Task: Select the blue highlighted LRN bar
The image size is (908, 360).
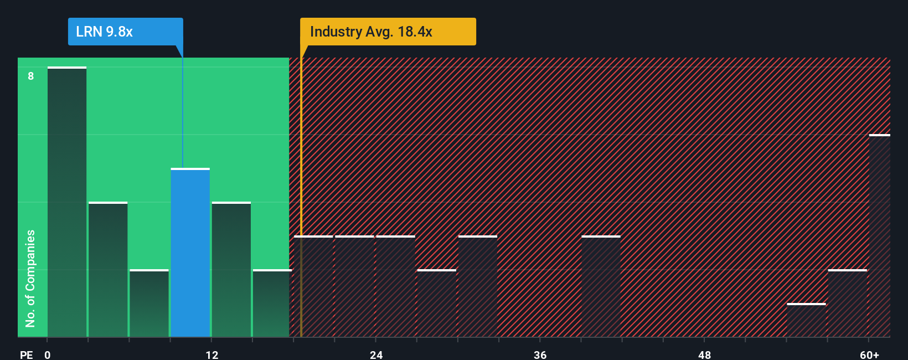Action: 190,253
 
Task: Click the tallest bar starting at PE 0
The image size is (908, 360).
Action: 67,202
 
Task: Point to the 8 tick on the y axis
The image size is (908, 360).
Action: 31,76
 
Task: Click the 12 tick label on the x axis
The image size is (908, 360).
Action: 212,354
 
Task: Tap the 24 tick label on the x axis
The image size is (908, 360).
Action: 376,354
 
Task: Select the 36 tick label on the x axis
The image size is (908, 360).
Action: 540,354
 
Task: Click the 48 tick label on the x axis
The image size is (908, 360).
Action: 704,354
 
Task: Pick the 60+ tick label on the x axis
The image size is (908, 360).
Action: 870,354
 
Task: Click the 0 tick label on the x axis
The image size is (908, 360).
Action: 48,354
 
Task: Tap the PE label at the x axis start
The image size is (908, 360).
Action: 27,354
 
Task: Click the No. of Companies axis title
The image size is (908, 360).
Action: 30,278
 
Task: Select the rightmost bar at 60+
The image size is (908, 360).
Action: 879,236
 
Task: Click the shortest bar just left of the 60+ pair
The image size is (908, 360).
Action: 806,320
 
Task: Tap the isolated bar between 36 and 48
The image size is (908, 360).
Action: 601,286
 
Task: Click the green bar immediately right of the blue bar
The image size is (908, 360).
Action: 231,270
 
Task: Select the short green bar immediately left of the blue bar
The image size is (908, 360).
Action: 149,304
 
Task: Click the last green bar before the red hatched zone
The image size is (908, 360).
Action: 271,304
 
